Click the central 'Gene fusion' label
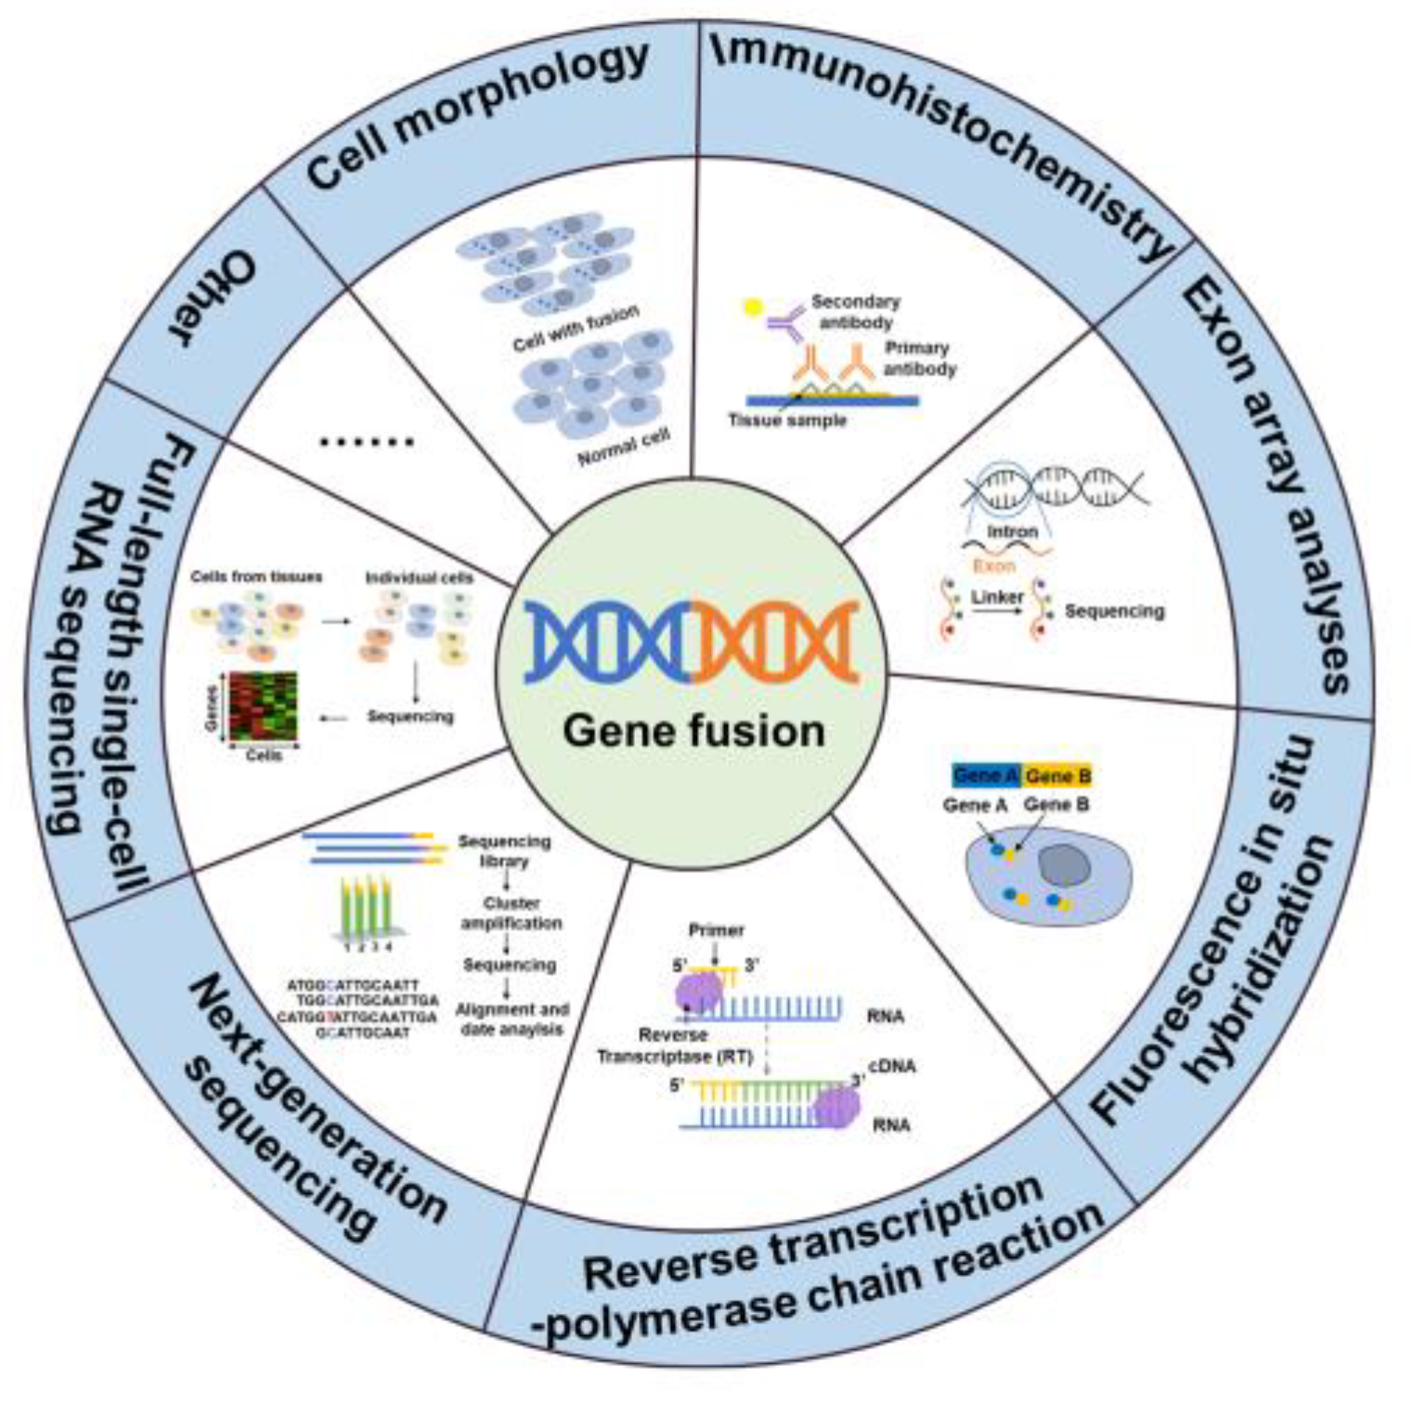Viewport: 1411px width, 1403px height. [693, 731]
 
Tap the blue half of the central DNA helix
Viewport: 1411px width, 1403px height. [608, 642]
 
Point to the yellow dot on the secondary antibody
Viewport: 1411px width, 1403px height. [752, 306]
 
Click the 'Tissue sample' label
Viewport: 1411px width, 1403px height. [787, 421]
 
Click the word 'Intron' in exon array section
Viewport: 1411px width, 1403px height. [1012, 532]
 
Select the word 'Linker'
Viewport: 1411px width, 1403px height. [997, 597]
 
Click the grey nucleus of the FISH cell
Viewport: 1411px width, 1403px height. [1064, 864]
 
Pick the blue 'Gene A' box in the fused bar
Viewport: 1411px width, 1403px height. [986, 775]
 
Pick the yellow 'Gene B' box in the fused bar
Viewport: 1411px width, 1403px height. [1057, 775]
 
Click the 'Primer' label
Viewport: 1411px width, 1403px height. [716, 929]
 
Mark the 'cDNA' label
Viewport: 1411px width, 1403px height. [891, 1066]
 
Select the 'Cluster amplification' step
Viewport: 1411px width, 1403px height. [511, 913]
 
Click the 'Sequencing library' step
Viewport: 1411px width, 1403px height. [504, 851]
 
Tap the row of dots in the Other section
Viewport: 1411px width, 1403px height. [366, 442]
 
